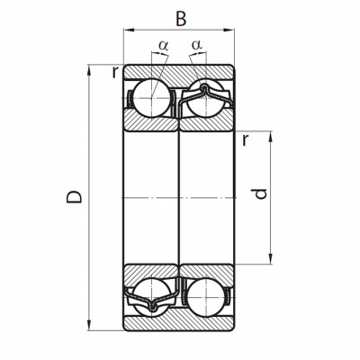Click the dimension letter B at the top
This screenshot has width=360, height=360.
point(181,19)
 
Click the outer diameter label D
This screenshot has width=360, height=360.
point(74,197)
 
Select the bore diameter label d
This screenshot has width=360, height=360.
point(259,193)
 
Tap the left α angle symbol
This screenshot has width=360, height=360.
point(164,46)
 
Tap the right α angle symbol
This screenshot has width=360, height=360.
point(197,45)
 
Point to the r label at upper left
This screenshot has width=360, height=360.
point(115,72)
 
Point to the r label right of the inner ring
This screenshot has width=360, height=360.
point(246,139)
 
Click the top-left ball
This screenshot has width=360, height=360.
point(152,98)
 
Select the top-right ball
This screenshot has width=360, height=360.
point(206,98)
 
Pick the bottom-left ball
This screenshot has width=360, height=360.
point(152,297)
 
